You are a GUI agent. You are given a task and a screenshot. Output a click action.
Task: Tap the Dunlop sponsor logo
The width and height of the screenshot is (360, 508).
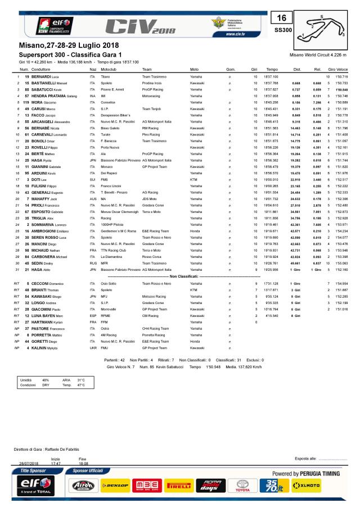[x=115, y=485]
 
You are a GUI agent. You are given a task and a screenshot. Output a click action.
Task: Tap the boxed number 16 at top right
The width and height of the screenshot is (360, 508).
[x=283, y=17]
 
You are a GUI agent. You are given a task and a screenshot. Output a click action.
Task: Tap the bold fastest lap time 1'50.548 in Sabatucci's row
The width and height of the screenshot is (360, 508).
[x=341, y=89]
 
